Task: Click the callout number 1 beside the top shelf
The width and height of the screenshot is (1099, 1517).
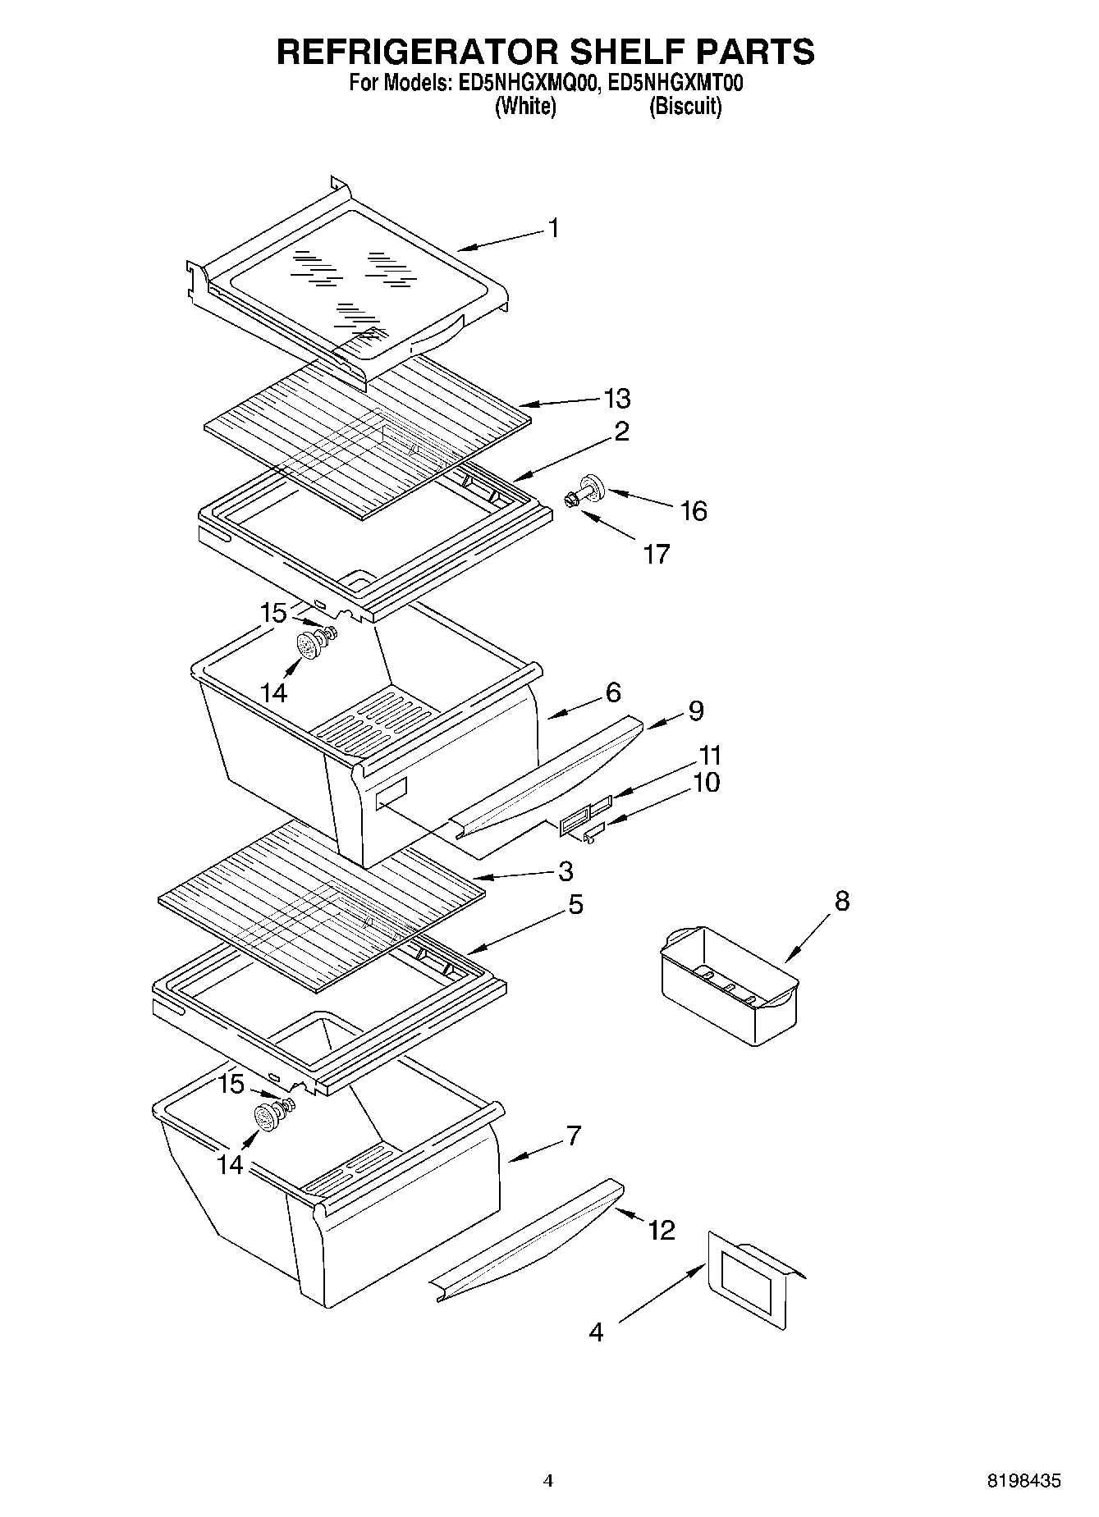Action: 554,227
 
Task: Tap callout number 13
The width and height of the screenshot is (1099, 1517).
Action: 616,399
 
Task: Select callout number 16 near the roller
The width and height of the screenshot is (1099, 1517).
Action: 694,511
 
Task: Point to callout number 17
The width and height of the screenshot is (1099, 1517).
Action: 656,555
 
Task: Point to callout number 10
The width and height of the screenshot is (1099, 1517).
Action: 706,783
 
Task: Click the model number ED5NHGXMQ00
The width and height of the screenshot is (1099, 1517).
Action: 522,84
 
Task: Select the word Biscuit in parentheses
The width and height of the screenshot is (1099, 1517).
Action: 685,107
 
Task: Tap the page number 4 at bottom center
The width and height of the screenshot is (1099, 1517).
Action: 548,1481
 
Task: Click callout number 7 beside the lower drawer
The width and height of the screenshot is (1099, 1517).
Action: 573,1136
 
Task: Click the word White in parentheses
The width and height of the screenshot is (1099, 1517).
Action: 525,107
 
